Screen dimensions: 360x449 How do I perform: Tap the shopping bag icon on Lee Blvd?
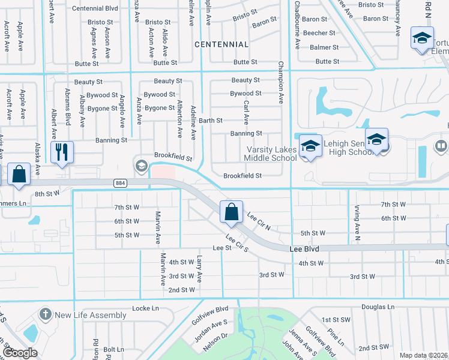click(x=231, y=211)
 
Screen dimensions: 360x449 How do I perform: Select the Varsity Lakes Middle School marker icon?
click(x=310, y=145)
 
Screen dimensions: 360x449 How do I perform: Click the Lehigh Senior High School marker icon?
click(x=376, y=139)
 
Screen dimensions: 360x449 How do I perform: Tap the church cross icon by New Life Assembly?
click(x=45, y=314)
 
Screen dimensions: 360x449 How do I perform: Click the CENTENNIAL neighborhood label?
click(x=221, y=44)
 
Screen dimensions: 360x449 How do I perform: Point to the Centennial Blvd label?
click(x=96, y=8)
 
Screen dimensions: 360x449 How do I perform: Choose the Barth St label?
click(x=211, y=121)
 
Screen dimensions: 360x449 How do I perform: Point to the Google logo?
click(x=20, y=353)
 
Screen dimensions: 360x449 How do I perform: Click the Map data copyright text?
click(x=423, y=355)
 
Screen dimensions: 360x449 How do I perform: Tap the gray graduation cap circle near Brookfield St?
click(x=142, y=166)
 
